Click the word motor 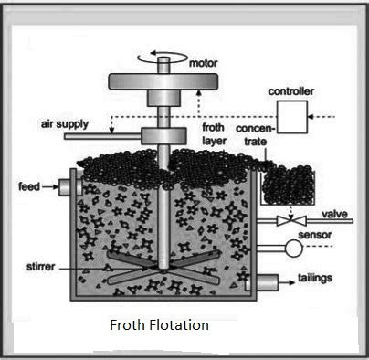[x=203, y=64]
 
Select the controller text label [x=290, y=92]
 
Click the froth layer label [x=214, y=135]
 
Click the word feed [x=28, y=187]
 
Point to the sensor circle [x=293, y=249]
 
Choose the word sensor [x=338, y=237]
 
